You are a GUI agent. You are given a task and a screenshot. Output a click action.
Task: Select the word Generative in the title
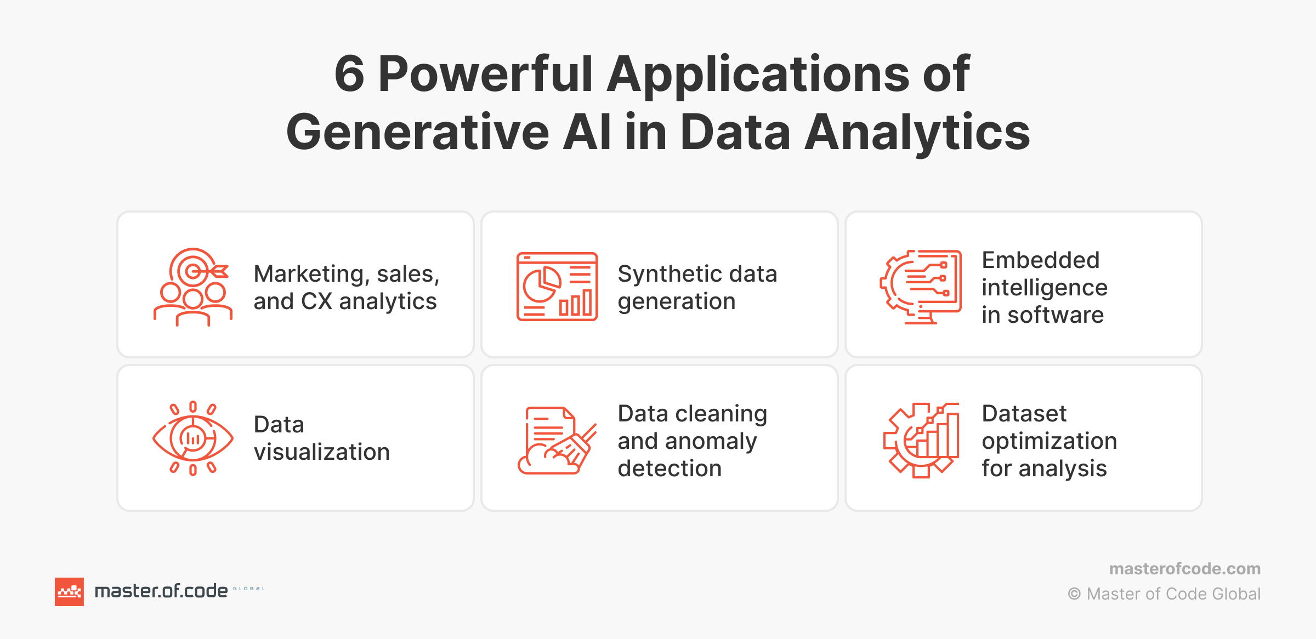click(417, 132)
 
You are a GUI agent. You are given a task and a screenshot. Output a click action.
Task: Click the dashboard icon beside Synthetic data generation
click(557, 287)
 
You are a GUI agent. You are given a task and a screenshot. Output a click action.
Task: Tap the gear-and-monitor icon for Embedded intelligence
click(921, 287)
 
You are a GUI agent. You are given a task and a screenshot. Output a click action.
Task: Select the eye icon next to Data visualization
click(192, 438)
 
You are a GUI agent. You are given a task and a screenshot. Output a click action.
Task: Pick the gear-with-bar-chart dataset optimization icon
click(921, 440)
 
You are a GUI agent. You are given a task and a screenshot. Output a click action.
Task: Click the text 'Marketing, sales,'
click(347, 274)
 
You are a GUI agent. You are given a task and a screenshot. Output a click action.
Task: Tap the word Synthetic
click(663, 274)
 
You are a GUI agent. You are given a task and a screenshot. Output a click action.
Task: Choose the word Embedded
click(1040, 260)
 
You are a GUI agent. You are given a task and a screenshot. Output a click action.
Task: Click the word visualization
click(322, 452)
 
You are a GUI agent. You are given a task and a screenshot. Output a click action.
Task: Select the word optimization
click(1049, 441)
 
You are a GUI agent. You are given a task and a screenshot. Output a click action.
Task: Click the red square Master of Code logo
click(69, 592)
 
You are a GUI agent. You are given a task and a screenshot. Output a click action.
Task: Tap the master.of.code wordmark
click(161, 591)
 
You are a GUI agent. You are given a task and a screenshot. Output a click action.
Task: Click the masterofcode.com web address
click(1184, 569)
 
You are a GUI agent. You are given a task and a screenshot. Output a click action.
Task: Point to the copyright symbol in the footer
click(1074, 594)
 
